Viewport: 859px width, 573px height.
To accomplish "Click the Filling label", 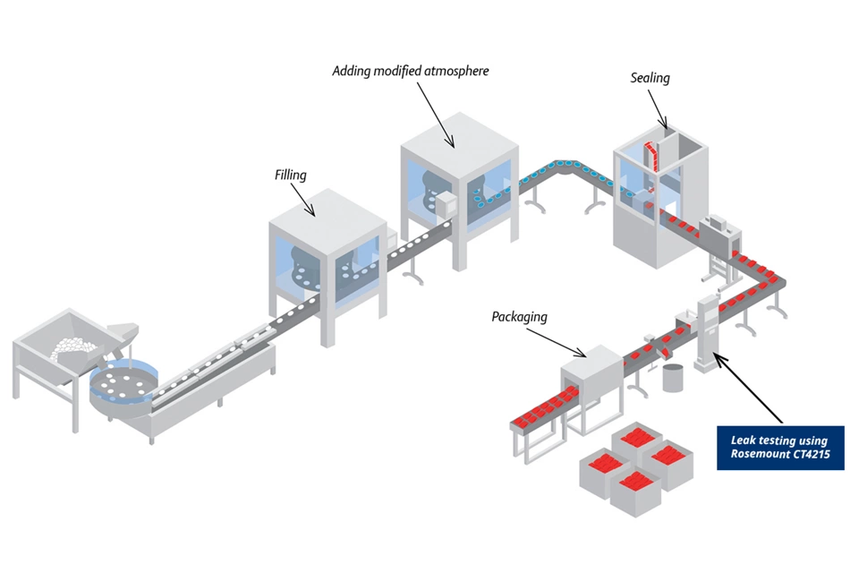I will click(290, 175).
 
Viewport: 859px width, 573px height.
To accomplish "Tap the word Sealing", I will click(650, 78).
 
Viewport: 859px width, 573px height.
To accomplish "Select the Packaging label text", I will click(519, 317).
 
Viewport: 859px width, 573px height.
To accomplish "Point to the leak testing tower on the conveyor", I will click(707, 331).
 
